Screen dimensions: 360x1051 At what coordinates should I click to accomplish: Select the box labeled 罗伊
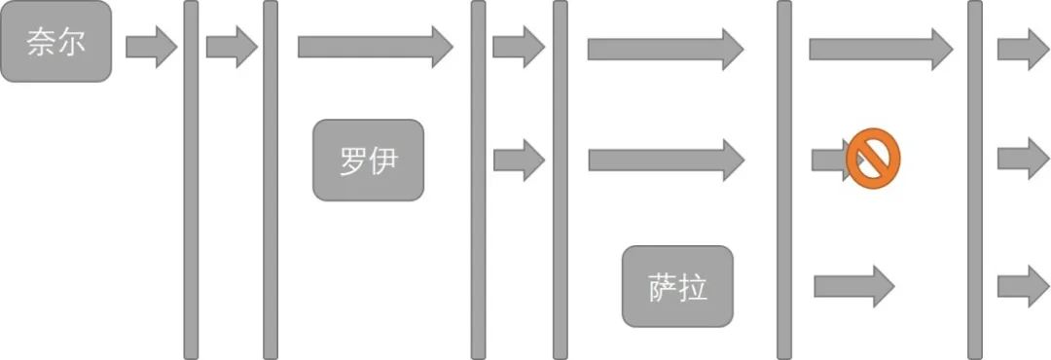tap(368, 160)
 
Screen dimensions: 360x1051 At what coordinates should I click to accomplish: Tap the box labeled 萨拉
tap(677, 286)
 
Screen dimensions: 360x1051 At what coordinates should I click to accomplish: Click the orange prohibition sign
tap(873, 159)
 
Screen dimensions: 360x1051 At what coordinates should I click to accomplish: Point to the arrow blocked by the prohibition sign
tap(829, 159)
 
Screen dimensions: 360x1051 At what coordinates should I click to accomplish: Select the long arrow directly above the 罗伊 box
tap(375, 46)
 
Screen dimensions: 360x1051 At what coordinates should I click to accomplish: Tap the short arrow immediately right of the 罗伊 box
tap(518, 160)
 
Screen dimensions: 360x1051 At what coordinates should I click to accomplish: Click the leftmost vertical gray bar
tap(191, 180)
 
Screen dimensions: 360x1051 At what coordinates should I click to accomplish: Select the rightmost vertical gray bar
tap(974, 180)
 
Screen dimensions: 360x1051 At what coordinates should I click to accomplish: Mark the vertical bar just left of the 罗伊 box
tap(271, 180)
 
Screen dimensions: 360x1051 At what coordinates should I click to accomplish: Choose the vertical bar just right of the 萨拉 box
tap(783, 180)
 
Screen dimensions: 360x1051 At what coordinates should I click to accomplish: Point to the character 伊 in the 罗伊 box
tap(383, 160)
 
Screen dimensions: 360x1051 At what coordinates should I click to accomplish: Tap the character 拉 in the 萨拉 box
tap(693, 287)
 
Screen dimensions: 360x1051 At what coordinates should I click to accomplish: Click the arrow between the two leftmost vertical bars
tap(232, 47)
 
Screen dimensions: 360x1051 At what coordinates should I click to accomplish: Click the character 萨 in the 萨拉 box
tap(662, 287)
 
